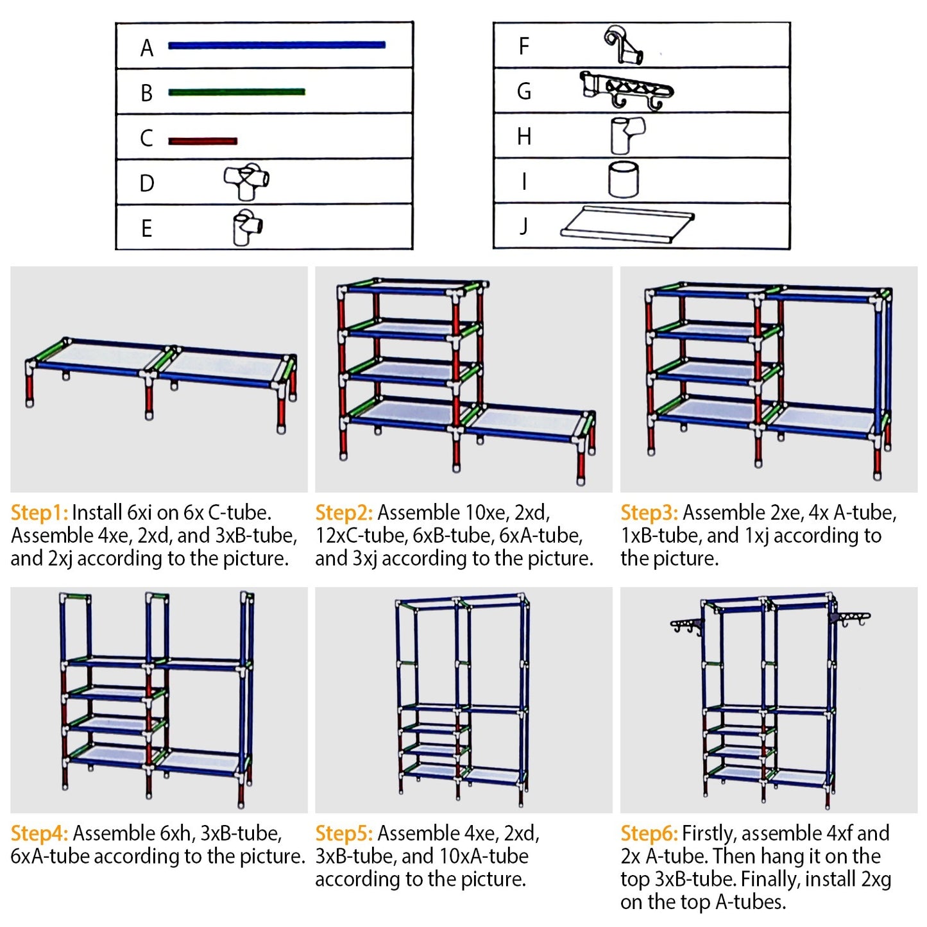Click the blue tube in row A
[276, 45]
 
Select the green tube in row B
[236, 92]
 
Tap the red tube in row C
[203, 140]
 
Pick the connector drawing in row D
[246, 181]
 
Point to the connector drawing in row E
[247, 226]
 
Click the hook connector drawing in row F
[623, 45]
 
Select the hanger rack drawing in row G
[625, 90]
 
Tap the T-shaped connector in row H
[626, 135]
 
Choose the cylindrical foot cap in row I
[623, 179]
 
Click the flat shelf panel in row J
[627, 224]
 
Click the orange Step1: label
[39, 513]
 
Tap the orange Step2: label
[344, 513]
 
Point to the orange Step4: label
[39, 833]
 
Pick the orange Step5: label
[344, 833]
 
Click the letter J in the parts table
[523, 226]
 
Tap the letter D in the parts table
[147, 183]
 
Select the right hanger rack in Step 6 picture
[849, 618]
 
